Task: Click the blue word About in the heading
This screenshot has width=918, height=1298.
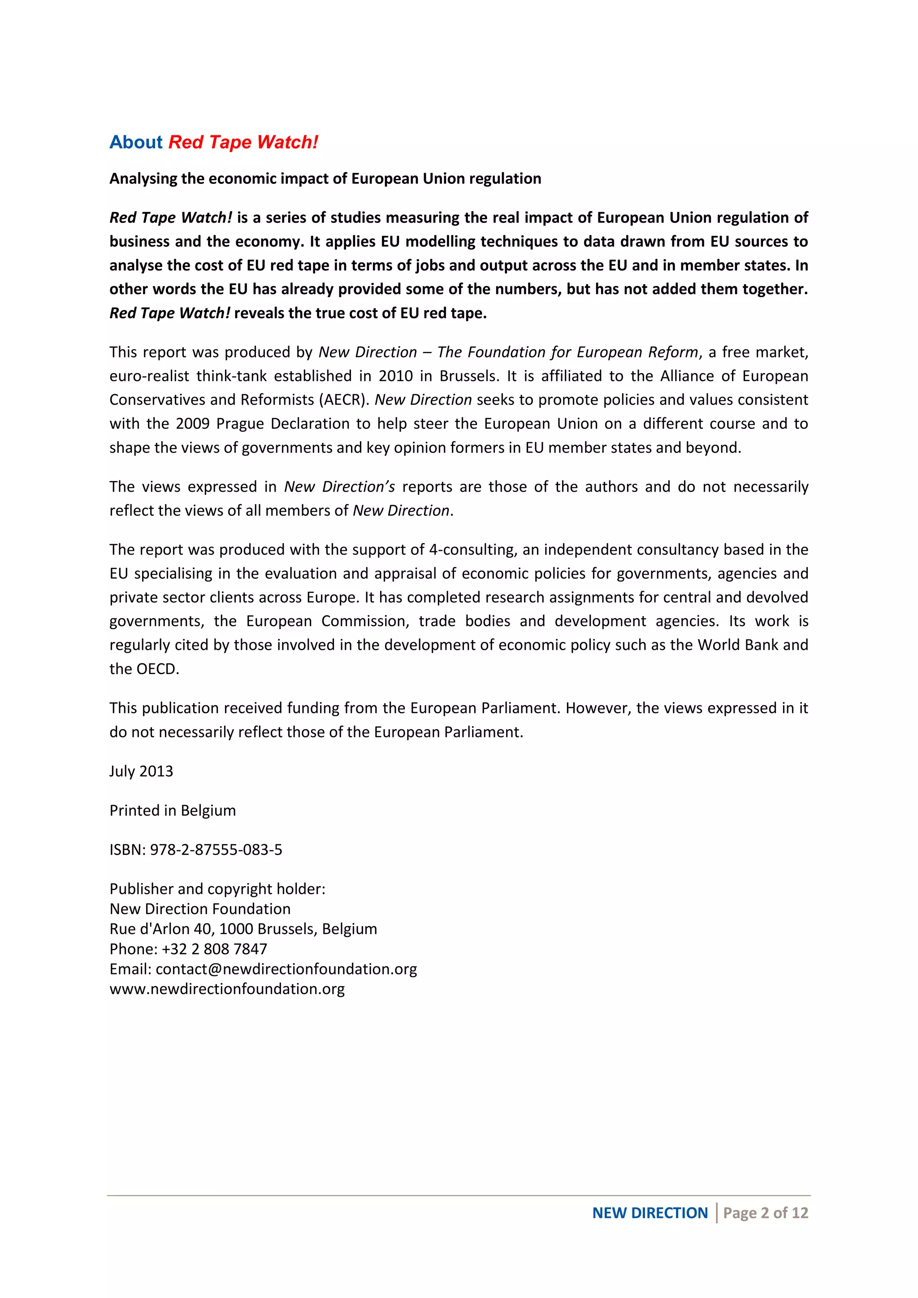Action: pos(136,142)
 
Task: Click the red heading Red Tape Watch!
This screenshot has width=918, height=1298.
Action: pos(243,142)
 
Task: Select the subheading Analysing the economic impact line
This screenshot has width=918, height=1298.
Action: pos(325,179)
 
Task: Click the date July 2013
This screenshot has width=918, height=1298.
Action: pos(141,771)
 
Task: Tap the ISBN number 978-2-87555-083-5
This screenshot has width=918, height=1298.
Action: pos(216,850)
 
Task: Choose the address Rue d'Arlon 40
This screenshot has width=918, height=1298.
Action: pos(160,929)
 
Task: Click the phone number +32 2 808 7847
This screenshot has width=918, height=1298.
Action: pos(214,949)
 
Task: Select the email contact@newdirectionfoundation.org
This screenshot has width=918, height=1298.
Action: pos(286,969)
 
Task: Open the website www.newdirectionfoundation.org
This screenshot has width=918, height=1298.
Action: pos(227,989)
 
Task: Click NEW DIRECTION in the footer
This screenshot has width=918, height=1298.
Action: pos(650,1213)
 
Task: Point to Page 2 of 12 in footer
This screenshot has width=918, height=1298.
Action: pos(766,1213)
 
